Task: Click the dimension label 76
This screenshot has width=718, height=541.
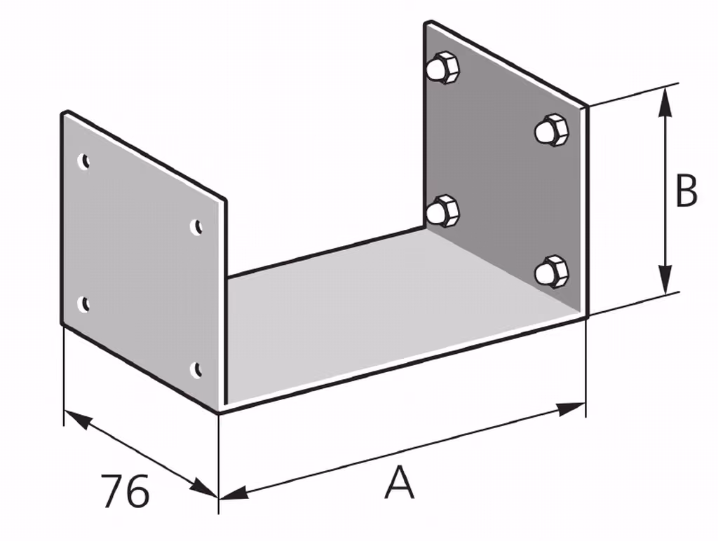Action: [x=125, y=491]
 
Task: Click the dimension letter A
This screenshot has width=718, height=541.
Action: [x=399, y=482]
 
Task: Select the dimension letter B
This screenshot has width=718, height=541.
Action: [x=686, y=190]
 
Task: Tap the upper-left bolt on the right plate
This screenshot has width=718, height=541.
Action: [x=442, y=68]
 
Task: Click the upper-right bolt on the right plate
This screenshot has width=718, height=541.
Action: [x=551, y=130]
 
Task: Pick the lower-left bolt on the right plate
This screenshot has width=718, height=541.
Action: [x=442, y=211]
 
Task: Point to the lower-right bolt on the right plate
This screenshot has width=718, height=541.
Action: [x=551, y=272]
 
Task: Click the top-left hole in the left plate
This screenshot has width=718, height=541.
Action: [x=83, y=162]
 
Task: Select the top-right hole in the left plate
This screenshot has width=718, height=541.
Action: [x=196, y=226]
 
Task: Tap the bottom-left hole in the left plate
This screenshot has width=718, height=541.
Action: [x=83, y=304]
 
